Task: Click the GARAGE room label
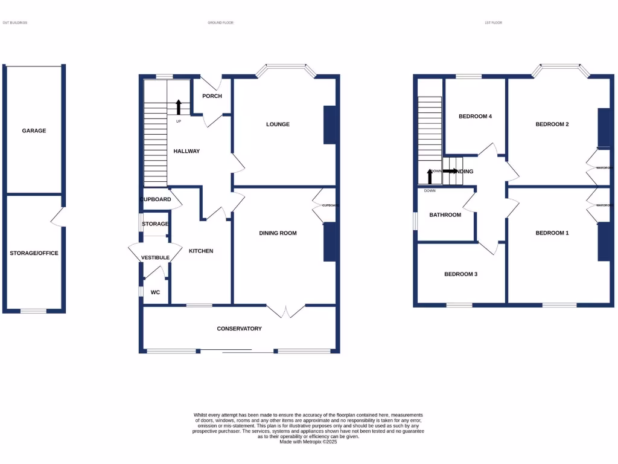click(34, 130)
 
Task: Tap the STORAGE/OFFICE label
click(34, 253)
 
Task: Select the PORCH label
click(212, 96)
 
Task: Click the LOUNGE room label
click(278, 124)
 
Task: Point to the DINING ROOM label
click(278, 233)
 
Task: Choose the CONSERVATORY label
click(240, 329)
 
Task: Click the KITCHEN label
click(201, 251)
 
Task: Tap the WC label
click(155, 292)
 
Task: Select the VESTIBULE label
click(155, 258)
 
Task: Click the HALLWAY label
click(186, 152)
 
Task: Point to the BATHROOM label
click(445, 215)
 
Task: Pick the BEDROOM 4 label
click(476, 117)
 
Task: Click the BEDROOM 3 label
click(460, 274)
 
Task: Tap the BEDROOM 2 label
click(552, 124)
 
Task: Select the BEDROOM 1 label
click(552, 233)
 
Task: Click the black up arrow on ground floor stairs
click(179, 108)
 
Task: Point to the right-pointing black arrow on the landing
click(450, 171)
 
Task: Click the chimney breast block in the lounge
click(330, 125)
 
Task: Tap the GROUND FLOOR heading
click(220, 23)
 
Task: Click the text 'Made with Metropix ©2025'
click(308, 442)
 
